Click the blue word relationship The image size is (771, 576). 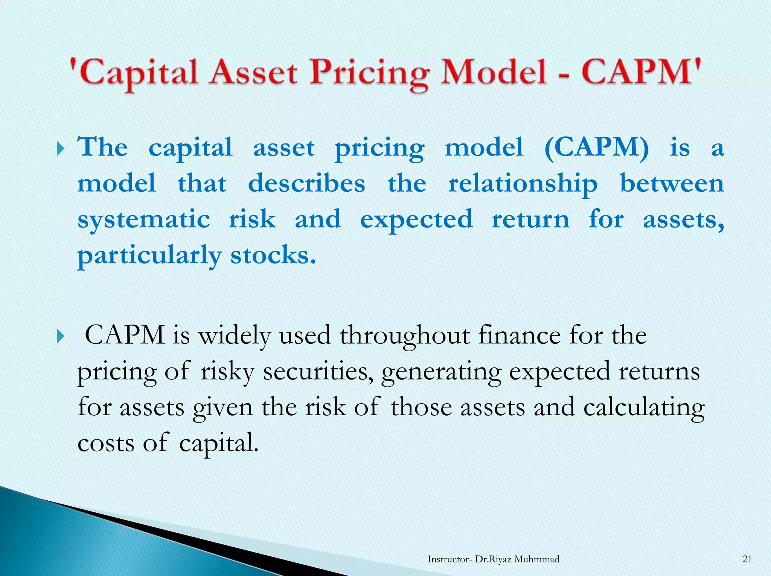click(x=523, y=184)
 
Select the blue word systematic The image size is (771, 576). click(x=143, y=220)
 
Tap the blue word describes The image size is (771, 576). click(x=306, y=184)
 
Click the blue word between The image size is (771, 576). click(x=672, y=184)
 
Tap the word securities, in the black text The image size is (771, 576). click(x=318, y=371)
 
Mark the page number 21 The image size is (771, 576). click(x=747, y=559)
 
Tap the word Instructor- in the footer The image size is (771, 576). click(x=449, y=559)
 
